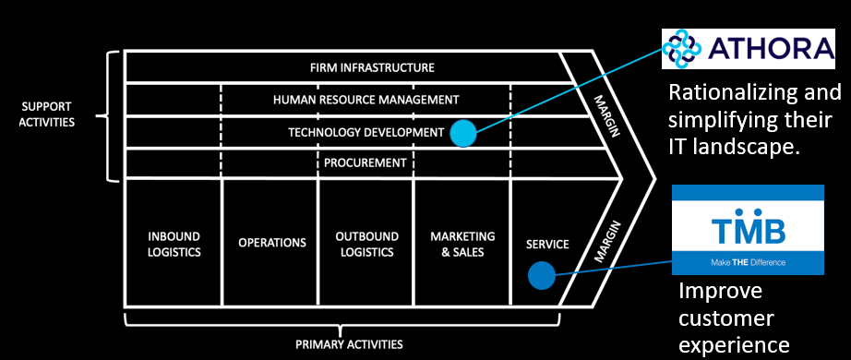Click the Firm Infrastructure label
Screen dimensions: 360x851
(372, 67)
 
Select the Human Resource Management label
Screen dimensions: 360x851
(366, 100)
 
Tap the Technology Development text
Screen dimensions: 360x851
(366, 132)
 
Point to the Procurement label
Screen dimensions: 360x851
(366, 163)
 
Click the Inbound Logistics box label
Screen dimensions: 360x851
(174, 244)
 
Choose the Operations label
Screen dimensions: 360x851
(271, 243)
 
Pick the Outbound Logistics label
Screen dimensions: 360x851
(366, 244)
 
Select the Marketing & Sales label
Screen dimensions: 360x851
(462, 244)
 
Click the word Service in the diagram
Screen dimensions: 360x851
(547, 245)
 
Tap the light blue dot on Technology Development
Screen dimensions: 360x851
(463, 134)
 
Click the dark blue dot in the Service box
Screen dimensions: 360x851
(541, 275)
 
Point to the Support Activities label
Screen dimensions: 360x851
(48, 115)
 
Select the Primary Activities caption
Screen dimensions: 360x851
(349, 344)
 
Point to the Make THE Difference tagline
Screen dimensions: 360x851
(748, 263)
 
